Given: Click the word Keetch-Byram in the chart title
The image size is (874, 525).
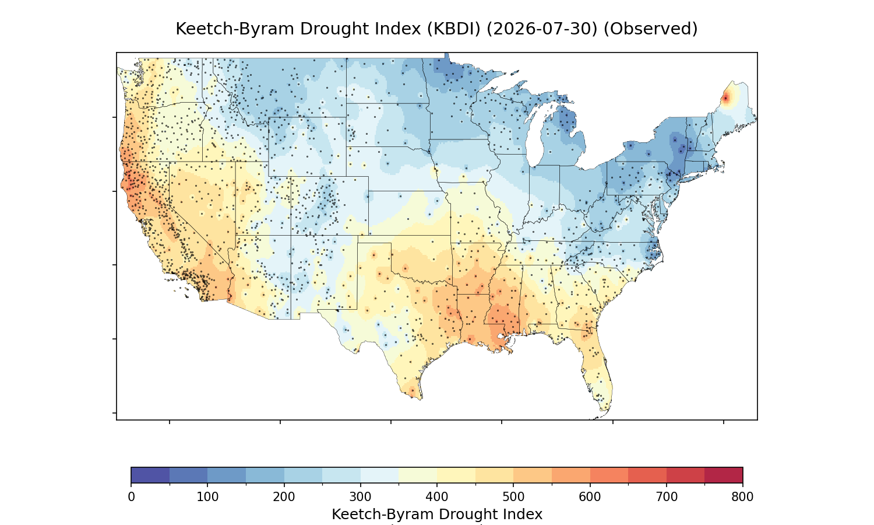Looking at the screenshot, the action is (234, 29).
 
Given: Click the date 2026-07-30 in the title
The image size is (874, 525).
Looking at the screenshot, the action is (542, 29).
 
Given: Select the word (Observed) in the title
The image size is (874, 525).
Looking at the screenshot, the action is (651, 29).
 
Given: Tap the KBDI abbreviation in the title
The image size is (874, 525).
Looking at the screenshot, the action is (454, 29).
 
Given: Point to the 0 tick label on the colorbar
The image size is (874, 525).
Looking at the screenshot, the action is (131, 497).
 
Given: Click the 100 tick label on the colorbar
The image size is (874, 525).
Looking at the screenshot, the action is (207, 497).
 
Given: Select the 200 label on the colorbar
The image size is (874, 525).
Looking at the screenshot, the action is (284, 497).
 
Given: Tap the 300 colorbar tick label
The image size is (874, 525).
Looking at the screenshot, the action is (361, 497).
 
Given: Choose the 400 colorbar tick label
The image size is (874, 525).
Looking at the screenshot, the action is (437, 497).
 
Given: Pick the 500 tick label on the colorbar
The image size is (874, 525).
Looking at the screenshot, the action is (513, 497).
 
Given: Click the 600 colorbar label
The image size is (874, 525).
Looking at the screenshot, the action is (590, 497).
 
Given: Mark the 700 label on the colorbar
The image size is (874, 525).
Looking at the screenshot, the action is (667, 497).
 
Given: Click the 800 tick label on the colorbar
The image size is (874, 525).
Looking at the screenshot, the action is (742, 497).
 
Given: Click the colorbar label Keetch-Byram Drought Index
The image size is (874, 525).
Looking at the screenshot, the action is (437, 514).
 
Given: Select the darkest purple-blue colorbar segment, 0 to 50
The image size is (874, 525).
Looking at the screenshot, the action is (150, 475).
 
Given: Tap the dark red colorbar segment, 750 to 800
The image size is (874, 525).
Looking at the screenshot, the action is (724, 475).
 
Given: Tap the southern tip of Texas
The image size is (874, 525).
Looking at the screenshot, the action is (421, 399).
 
